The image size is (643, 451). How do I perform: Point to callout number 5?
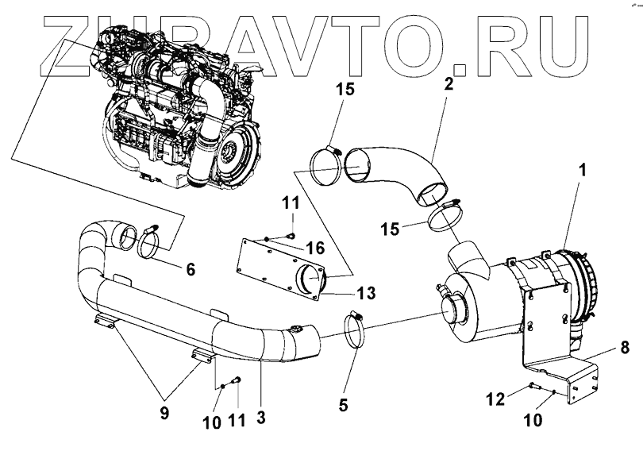[x=343, y=403]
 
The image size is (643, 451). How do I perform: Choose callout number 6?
[x=190, y=269]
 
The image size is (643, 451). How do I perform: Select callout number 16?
[x=314, y=249]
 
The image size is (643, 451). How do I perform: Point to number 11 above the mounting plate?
[x=291, y=204]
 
